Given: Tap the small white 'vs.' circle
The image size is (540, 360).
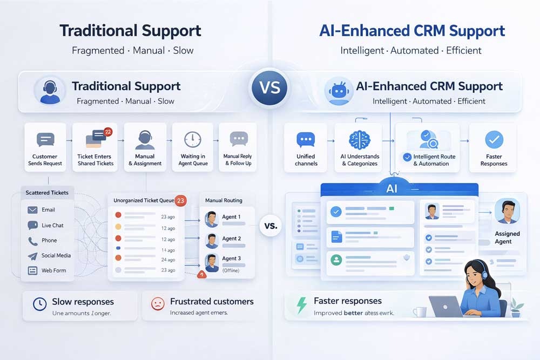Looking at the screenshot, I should coord(271,225).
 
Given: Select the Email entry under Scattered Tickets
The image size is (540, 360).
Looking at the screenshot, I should coord(48,210).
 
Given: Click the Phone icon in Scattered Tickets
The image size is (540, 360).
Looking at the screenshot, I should coord(32,241).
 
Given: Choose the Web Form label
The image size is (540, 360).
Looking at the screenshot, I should coord(53,270).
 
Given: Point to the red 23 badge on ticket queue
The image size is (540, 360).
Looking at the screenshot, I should coord(181,200).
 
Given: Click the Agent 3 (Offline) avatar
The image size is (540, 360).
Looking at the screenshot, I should coord(211,262).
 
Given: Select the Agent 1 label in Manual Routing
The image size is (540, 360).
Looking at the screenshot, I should coord(231,217).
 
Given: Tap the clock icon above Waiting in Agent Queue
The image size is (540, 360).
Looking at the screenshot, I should coord(192,140).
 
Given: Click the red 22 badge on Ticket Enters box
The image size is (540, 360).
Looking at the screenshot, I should coord(107,132).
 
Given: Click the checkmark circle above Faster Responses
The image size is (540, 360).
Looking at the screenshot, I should coord(494,140).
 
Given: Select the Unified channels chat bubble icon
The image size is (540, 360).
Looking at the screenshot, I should coord(306,140).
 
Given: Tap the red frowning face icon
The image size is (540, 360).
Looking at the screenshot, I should coord(158,303).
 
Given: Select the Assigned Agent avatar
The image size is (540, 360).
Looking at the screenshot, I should coord(507,211).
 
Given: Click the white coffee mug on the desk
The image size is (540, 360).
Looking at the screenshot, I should coord(419,311).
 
